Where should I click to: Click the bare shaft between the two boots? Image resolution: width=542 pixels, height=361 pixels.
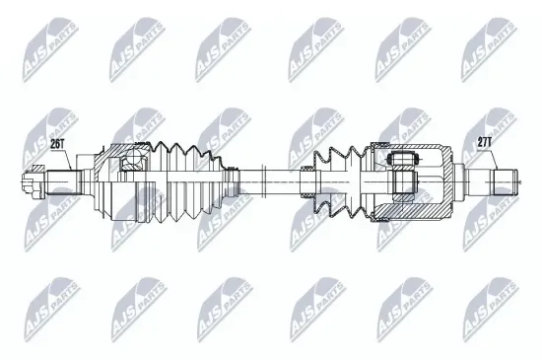click(x=271, y=181)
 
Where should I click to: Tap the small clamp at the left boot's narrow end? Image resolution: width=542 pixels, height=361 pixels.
click(x=232, y=181)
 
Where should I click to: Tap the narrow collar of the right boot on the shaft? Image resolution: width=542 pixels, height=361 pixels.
click(x=307, y=181)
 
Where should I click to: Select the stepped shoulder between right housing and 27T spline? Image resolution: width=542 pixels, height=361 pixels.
click(x=474, y=181)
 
